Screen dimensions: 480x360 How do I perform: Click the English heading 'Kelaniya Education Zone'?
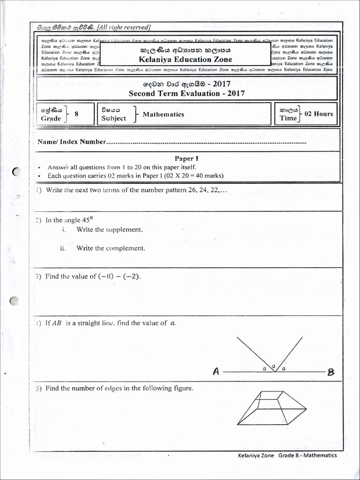click(186, 59)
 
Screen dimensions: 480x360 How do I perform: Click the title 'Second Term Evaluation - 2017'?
click(186, 93)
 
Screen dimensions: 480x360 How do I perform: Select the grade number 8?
click(76, 114)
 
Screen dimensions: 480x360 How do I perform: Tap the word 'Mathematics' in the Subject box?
click(163, 114)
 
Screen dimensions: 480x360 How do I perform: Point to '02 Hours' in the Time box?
click(319, 114)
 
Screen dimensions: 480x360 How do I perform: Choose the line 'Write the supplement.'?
click(109, 230)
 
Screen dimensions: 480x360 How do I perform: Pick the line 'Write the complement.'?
click(111, 248)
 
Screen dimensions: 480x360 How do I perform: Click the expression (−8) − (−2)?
click(119, 277)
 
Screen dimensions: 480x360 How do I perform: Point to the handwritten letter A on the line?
click(216, 372)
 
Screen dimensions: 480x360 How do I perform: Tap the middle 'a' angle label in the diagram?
click(274, 365)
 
